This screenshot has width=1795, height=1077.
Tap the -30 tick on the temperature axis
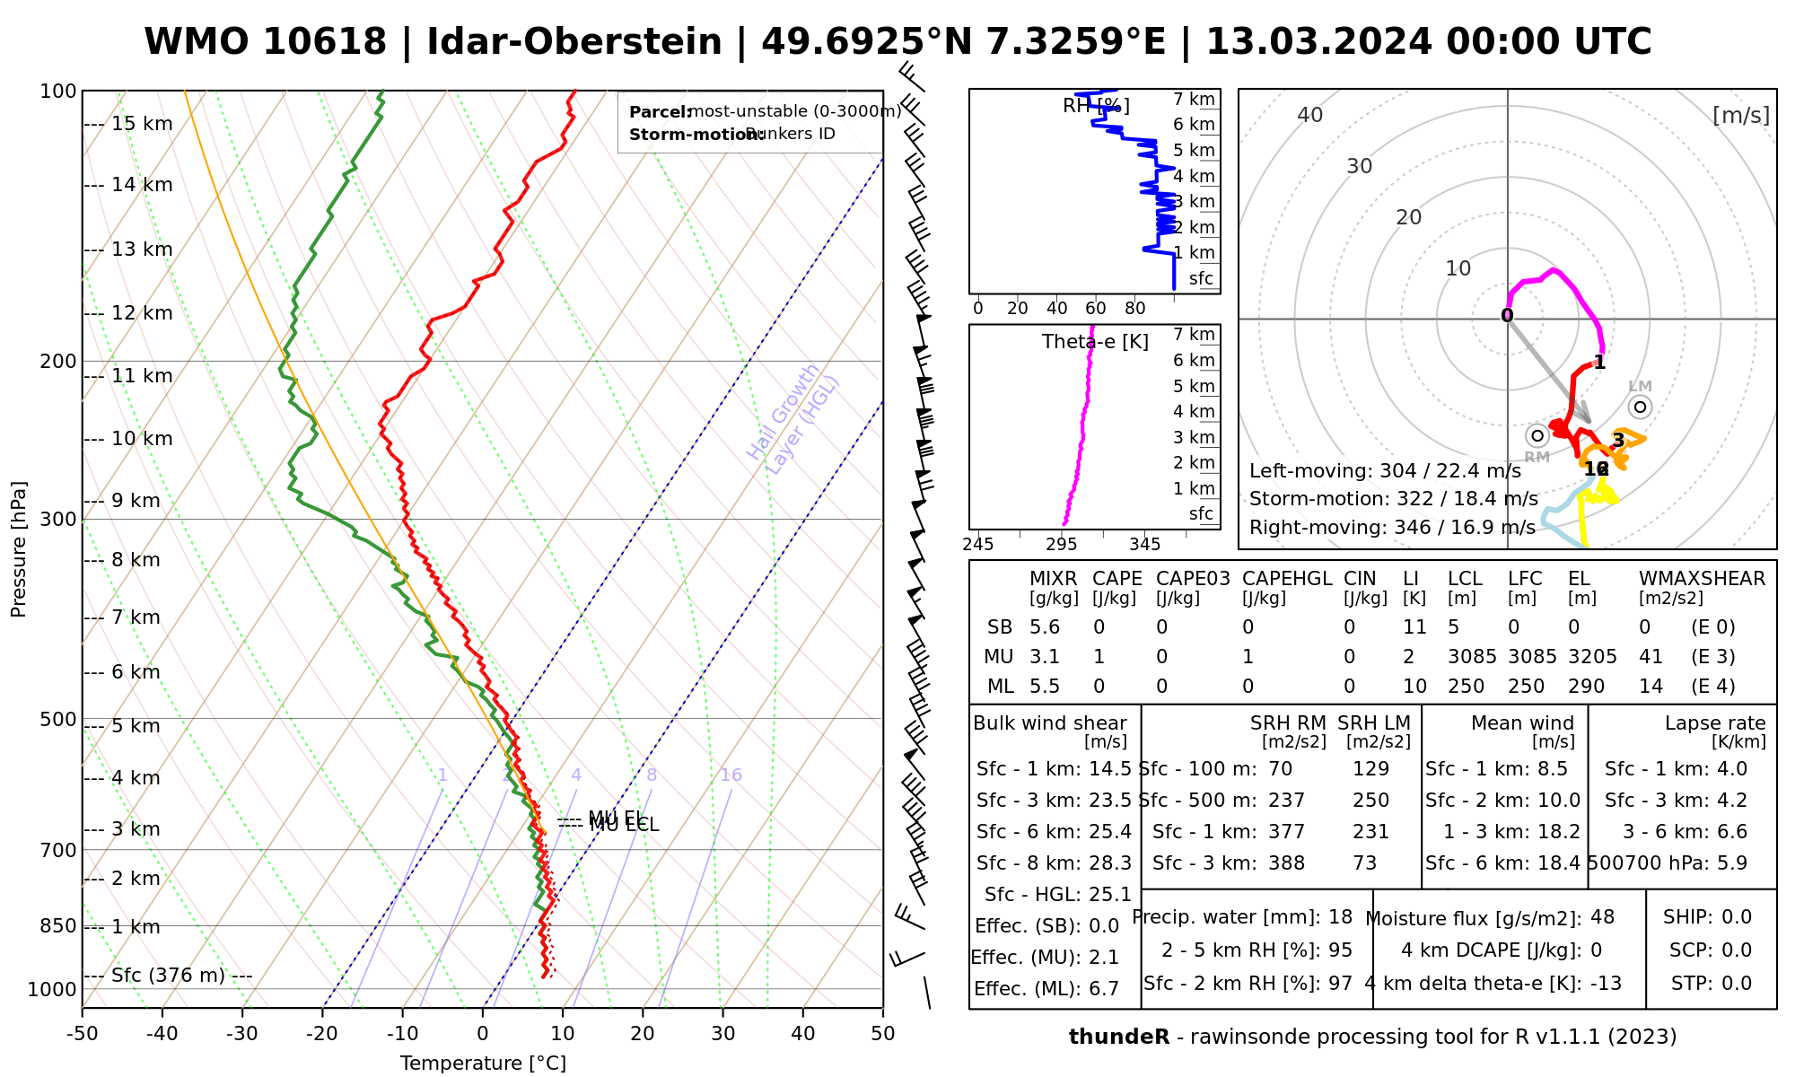[x=242, y=1034]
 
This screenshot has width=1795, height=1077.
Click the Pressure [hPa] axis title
[x=19, y=549]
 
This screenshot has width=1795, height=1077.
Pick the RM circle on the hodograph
[x=1537, y=436]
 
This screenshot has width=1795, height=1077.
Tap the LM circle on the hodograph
[x=1641, y=407]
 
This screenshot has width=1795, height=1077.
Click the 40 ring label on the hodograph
[x=1310, y=115]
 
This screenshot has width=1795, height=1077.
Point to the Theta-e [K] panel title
[x=1095, y=342]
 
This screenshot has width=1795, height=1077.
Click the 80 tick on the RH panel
[x=1135, y=309]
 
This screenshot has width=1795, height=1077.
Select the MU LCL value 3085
[x=1472, y=657]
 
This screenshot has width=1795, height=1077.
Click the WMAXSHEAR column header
[x=1702, y=579]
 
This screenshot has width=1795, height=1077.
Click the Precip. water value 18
[x=1340, y=917]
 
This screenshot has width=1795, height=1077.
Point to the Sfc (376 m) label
[x=168, y=976]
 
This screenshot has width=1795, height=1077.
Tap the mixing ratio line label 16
[x=731, y=775]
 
